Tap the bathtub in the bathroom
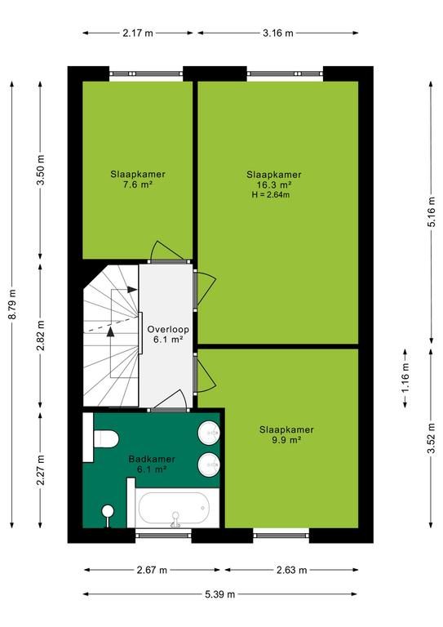coord(174,509)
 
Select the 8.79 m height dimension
coord(13,305)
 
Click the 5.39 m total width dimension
coord(220,594)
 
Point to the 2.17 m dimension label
coord(138,33)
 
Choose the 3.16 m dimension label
coord(277,33)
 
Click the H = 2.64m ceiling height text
coord(270,195)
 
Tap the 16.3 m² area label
coord(273,185)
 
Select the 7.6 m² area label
coord(138,185)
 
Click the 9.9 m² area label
coord(286,440)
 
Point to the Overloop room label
coord(168,330)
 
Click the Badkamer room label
coord(152,459)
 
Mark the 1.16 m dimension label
coord(405,379)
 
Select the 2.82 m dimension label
coord(41,335)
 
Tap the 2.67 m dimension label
coord(152,570)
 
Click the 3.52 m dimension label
coord(431,438)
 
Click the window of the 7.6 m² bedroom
coord(146,73)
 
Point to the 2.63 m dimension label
coord(291,570)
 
